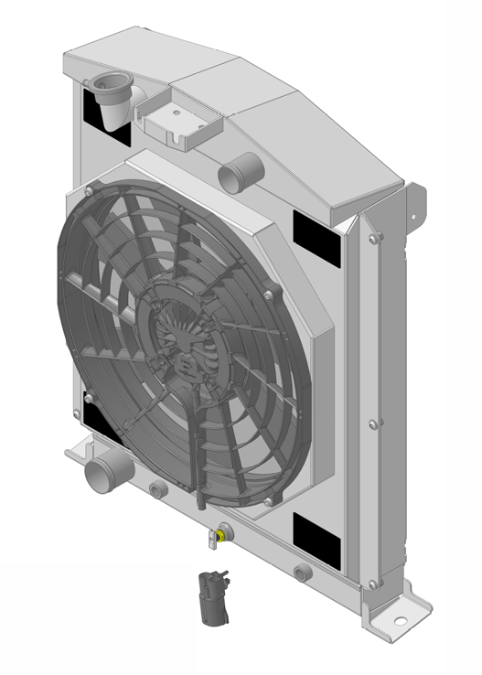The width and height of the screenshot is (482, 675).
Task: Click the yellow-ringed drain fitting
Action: pos(222,531)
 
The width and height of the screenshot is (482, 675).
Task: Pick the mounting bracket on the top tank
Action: pos(179,123)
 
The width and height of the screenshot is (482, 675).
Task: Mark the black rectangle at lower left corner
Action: pos(98,419)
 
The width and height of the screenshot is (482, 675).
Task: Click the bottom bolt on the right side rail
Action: pos(371,583)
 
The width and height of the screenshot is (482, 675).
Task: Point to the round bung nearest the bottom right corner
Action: pos(302,573)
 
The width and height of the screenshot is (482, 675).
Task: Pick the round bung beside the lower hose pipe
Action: pos(158,489)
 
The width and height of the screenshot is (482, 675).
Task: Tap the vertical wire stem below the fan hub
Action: pos(198,457)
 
